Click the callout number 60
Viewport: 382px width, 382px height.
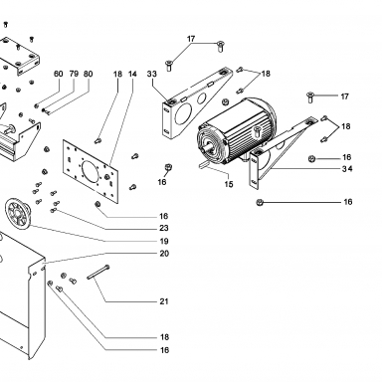pyautogui.click(x=59, y=74)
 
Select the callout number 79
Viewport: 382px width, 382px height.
pyautogui.click(x=74, y=74)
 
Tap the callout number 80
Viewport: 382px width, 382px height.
pyautogui.click(x=89, y=74)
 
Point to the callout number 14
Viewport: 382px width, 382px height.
pyautogui.click(x=132, y=74)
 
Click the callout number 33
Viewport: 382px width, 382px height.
pyautogui.click(x=152, y=74)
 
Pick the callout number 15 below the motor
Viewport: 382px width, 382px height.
pyautogui.click(x=229, y=184)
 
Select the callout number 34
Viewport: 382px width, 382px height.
pyautogui.click(x=347, y=169)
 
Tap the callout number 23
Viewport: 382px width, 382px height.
pyautogui.click(x=164, y=228)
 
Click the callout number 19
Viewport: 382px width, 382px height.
pyautogui.click(x=164, y=241)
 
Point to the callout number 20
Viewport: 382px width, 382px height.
pyautogui.click(x=164, y=254)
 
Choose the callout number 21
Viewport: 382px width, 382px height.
pyautogui.click(x=164, y=301)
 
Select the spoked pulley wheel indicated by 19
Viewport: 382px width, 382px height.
pyautogui.click(x=18, y=213)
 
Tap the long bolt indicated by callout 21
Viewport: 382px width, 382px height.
pyautogui.click(x=98, y=273)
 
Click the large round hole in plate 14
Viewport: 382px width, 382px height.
pyautogui.click(x=91, y=170)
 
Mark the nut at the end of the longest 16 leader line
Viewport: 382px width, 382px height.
pyautogui.click(x=260, y=202)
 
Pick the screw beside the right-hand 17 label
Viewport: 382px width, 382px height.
pyautogui.click(x=310, y=97)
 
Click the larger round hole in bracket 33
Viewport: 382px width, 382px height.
pyautogui.click(x=182, y=113)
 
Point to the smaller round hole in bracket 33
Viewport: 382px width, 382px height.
pyautogui.click(x=202, y=98)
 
